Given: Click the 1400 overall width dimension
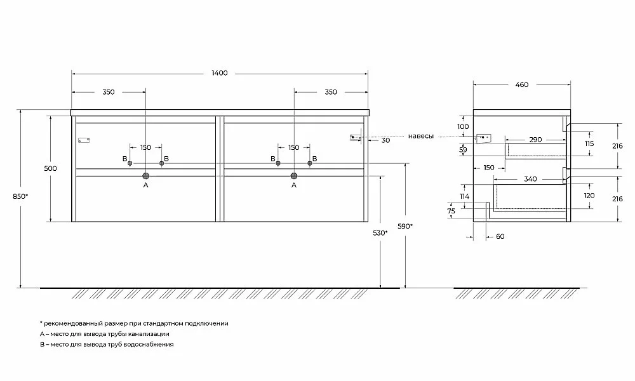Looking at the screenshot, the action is coord(220,73).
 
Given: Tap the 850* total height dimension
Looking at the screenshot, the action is coord(20,196).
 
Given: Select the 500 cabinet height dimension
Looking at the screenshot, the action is coord(51,168).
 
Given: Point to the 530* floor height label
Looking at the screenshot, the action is coord(380,233).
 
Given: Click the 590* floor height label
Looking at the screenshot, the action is coord(405,226).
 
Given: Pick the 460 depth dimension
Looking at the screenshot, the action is coord(522,84).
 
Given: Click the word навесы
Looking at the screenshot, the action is coord(421,137).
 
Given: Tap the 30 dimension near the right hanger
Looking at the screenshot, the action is coord(386,140).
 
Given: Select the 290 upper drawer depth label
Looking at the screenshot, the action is coord(535,140).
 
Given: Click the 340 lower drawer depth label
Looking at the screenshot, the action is coord(530,179).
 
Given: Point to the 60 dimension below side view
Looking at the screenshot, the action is coord(500,236).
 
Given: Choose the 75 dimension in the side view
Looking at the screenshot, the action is coord(451,211).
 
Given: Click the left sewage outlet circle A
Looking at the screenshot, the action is coord(146,176).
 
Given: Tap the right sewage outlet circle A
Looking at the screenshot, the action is coord(294,176).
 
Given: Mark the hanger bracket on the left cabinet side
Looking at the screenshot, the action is coord(84,140).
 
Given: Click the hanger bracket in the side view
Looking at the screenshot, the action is coord(484,138).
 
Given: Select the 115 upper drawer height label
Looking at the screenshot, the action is coord(589,144).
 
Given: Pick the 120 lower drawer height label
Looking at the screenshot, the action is coord(589,196).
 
